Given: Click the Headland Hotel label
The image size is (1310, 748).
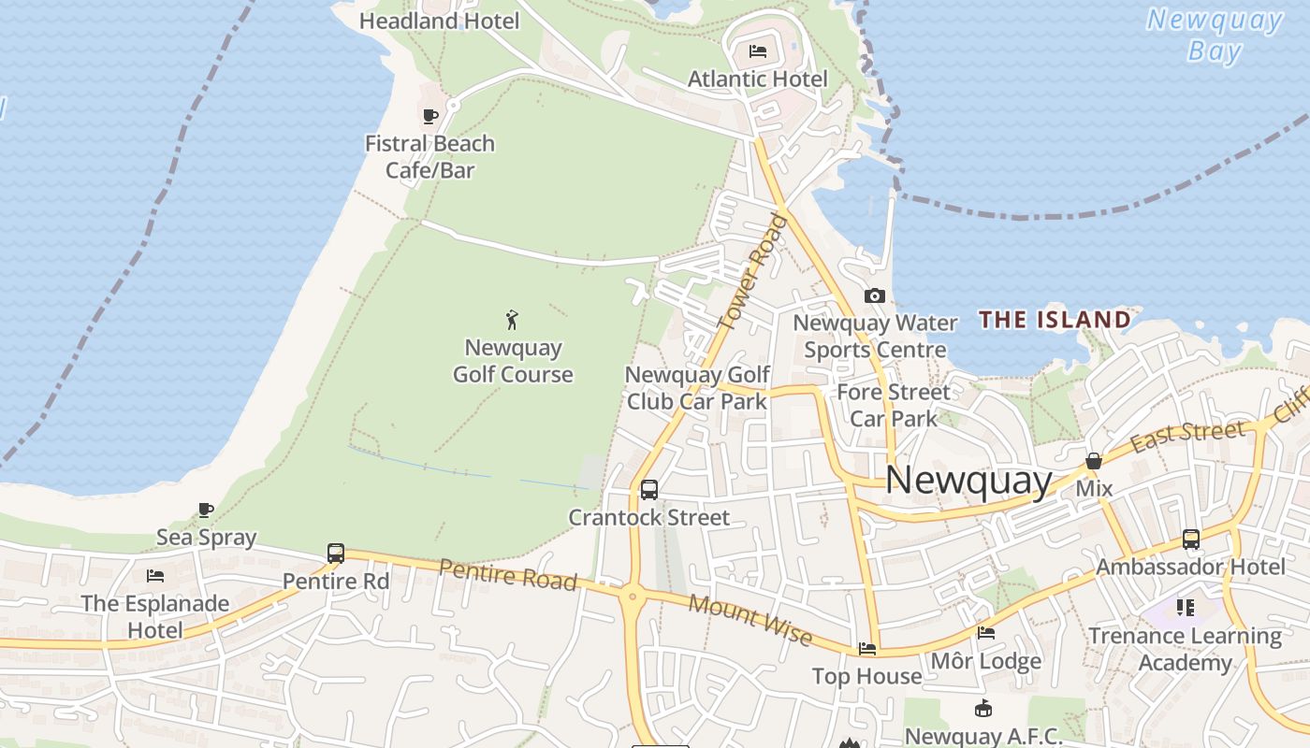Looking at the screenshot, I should click(439, 21).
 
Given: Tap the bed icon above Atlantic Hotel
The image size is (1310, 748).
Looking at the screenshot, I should click(758, 50).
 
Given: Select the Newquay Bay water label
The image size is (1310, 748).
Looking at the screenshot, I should click(1215, 35).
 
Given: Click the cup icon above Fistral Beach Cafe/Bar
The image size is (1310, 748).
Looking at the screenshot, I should click(430, 116).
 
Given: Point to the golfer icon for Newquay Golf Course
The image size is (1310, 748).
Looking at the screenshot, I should click(512, 321).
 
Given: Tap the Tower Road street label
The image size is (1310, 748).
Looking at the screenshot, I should click(754, 270).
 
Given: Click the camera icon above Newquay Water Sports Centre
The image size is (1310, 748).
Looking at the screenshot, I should click(875, 295).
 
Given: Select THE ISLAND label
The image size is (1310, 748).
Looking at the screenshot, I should click(1055, 320).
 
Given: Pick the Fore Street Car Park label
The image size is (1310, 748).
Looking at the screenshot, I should click(893, 405).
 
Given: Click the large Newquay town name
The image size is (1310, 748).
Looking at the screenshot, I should click(968, 480).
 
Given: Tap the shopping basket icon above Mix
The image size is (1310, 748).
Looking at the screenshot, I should click(1093, 461).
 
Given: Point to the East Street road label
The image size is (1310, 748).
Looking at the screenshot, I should click(1187, 436).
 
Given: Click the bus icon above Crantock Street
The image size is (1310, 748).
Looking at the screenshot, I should click(648, 489).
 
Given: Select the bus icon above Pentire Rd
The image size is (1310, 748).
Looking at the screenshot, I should click(336, 553).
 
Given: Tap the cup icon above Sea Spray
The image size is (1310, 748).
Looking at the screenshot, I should click(206, 511).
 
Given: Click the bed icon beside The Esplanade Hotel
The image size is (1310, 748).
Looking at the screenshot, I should click(155, 575).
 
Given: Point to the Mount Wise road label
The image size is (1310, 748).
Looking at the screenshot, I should click(750, 619).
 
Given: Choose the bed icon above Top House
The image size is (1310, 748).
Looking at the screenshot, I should click(867, 648).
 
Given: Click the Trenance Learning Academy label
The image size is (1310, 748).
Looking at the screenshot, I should click(1185, 649).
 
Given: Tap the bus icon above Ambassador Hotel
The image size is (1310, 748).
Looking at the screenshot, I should click(1190, 539).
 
